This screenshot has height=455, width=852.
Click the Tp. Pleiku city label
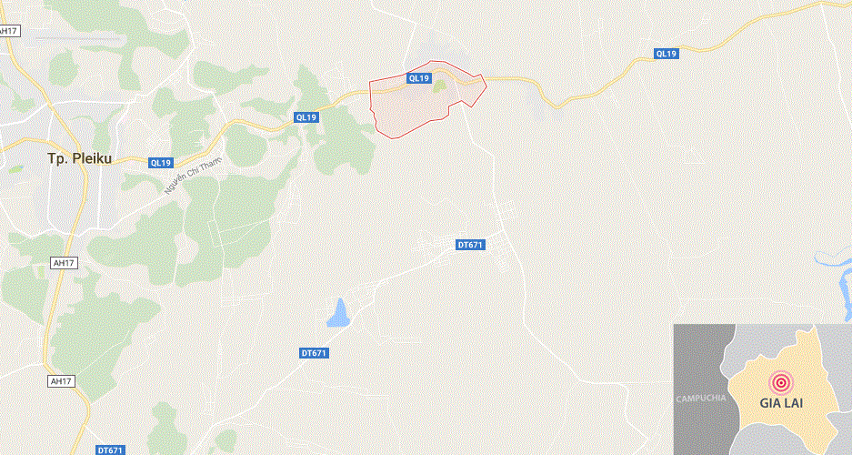coord(80,158)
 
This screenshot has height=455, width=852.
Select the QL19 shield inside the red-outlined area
coord(418,78)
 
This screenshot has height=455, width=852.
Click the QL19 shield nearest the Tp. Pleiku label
coord(160,163)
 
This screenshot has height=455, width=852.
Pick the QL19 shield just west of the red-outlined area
coord(306,117)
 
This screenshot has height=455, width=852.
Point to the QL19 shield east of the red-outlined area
coord(667,54)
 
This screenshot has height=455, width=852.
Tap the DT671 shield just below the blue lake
coord(313,353)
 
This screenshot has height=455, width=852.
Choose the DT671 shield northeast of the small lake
coord(470,245)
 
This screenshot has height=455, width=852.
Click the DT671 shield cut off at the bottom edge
coord(110,450)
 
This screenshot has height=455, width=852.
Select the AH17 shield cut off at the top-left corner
coord(8,31)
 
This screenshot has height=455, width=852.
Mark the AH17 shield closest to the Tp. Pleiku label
coord(63,263)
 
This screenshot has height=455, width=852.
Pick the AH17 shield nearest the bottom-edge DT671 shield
coord(60,381)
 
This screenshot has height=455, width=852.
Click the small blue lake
coord(337,314)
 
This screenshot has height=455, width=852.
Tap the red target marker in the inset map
coord(780,382)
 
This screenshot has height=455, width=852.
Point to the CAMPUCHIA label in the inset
coord(700,399)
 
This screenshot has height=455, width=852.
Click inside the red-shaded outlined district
coord(409,105)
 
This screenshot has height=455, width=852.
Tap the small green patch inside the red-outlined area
coord(439,86)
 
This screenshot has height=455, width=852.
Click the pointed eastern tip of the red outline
coord(486,87)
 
